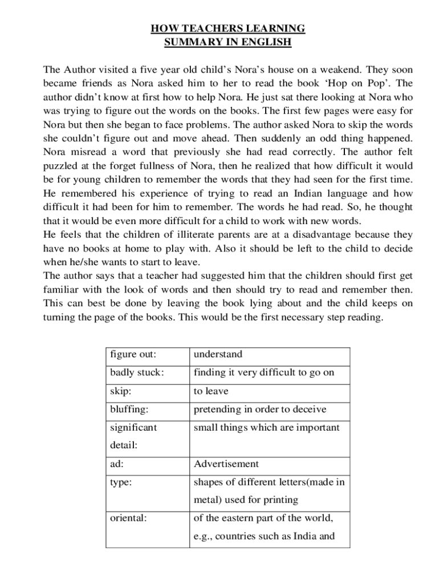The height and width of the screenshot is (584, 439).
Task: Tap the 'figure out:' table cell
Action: [x=133, y=354]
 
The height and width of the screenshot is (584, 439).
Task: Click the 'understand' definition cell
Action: [x=218, y=354]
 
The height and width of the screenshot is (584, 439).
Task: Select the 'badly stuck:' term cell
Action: [x=137, y=372]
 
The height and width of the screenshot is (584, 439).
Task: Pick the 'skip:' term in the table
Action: [x=120, y=391]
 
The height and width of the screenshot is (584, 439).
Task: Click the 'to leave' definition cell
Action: [x=211, y=391]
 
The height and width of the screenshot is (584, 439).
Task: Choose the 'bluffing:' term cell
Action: [x=129, y=409]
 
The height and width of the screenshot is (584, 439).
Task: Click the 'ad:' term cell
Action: [x=117, y=464]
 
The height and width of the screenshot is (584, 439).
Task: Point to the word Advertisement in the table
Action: [x=226, y=464]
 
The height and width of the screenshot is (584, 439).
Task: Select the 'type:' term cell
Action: [x=121, y=482]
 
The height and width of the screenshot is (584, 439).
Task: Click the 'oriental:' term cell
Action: [x=128, y=518]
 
